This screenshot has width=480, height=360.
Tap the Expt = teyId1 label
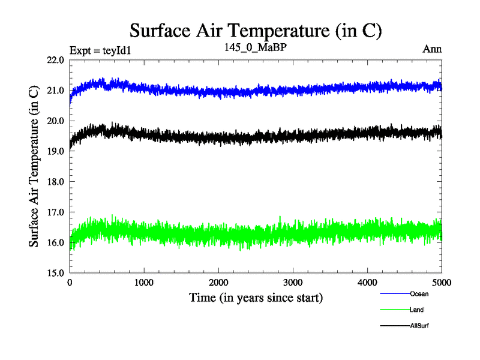(x=100, y=50)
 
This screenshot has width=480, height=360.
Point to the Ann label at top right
(x=432, y=49)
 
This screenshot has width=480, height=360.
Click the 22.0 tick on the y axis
(x=55, y=60)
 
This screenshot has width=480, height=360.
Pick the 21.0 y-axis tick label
(x=55, y=91)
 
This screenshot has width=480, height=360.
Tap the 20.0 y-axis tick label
(x=55, y=121)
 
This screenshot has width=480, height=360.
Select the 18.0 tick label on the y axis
(x=55, y=181)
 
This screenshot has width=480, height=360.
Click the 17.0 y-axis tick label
(x=55, y=212)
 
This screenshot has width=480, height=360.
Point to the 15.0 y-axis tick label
(x=55, y=272)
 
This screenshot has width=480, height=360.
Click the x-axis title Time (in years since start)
(x=256, y=297)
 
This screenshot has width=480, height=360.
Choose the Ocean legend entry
(x=419, y=294)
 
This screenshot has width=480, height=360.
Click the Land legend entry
(x=417, y=310)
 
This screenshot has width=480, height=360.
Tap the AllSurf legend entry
(x=419, y=325)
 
